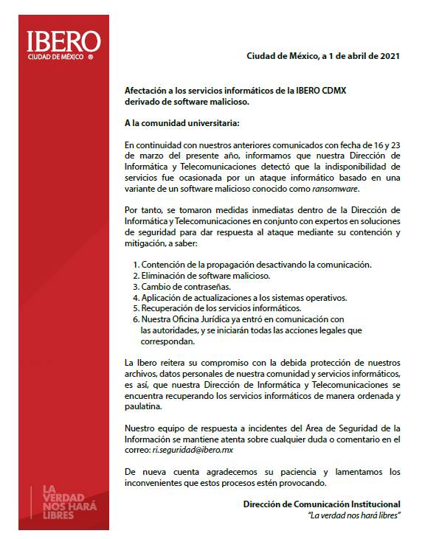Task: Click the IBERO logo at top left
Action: (63, 42)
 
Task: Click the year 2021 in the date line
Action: (389, 56)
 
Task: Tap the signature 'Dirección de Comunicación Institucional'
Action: (322, 504)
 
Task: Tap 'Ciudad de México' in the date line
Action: (283, 56)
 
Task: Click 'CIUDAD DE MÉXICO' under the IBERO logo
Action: (56, 56)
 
